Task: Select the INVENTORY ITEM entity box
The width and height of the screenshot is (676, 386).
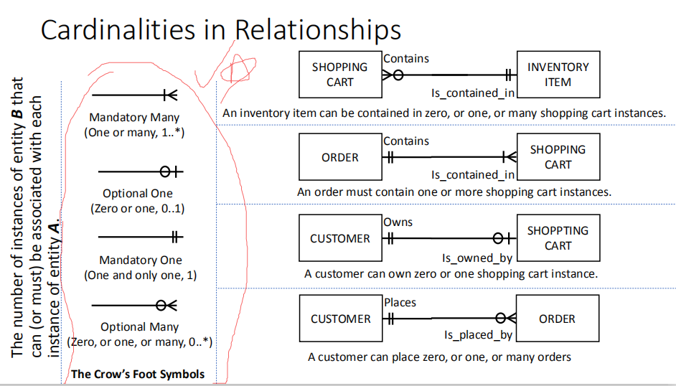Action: (x=558, y=75)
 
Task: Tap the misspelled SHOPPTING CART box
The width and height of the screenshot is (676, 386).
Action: (x=558, y=238)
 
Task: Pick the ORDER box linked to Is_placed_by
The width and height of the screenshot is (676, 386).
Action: (x=558, y=319)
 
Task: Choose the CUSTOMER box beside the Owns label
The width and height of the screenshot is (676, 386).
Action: (x=340, y=239)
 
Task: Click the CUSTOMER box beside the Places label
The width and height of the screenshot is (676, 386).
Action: (x=340, y=319)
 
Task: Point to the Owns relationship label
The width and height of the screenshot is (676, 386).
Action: (x=398, y=222)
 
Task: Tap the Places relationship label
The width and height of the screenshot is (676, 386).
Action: (x=400, y=303)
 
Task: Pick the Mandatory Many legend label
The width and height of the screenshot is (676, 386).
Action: (x=134, y=117)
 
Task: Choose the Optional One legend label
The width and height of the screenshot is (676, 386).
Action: (x=138, y=194)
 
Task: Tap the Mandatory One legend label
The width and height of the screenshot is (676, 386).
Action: (x=140, y=260)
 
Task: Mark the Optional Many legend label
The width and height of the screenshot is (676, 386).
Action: (x=139, y=327)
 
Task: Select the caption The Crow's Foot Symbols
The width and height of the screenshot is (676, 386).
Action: (x=138, y=374)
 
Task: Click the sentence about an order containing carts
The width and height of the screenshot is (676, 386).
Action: (x=454, y=192)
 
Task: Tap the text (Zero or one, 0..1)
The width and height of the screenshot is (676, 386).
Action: (x=138, y=208)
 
